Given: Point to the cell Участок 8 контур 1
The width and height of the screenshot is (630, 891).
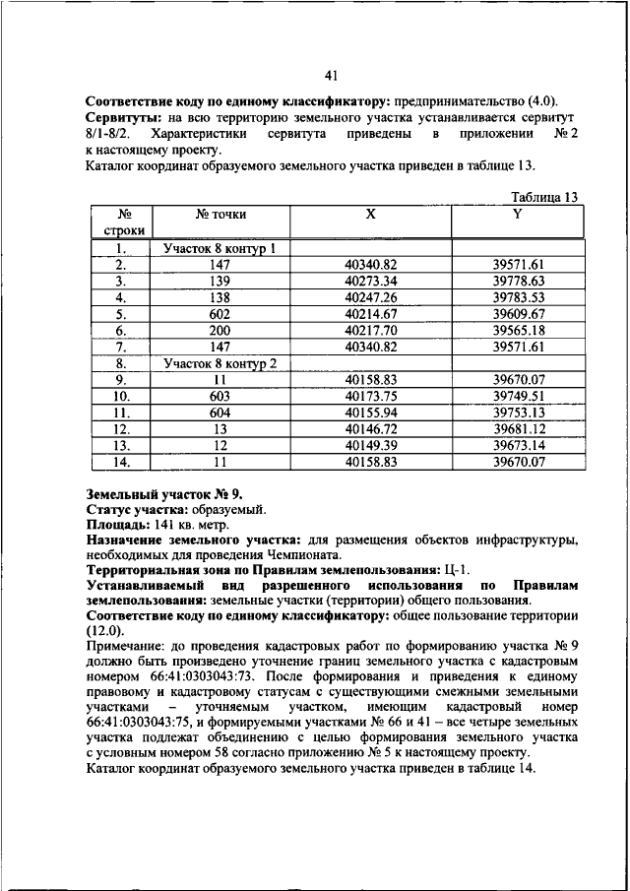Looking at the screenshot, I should (x=220, y=249).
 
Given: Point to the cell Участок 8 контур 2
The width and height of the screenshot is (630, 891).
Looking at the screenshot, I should (x=220, y=363).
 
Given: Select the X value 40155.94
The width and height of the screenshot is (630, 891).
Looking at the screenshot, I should (x=370, y=412).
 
